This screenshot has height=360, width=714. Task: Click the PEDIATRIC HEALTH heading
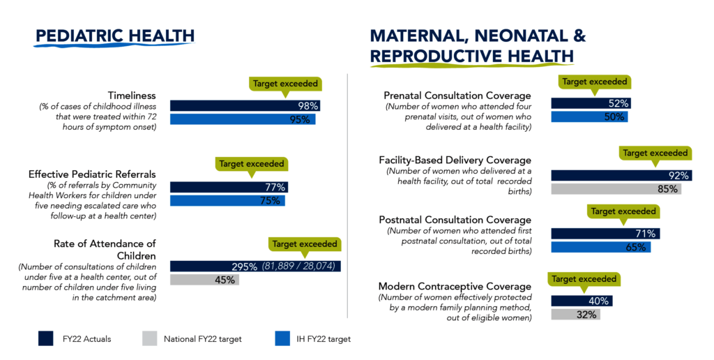click(115, 36)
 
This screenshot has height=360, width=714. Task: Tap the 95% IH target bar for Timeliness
click(243, 119)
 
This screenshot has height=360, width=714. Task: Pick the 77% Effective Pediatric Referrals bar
click(229, 187)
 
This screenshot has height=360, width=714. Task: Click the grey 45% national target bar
click(204, 280)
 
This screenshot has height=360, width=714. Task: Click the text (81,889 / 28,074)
click(299, 267)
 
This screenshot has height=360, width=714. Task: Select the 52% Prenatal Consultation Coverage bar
click(591, 103)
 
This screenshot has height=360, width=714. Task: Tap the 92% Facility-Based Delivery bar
click(621, 176)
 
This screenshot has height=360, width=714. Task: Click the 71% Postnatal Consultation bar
click(605, 234)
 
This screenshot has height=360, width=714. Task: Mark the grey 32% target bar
click(575, 315)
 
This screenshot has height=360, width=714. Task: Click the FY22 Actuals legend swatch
click(47, 339)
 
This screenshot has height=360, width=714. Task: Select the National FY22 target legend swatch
click(151, 339)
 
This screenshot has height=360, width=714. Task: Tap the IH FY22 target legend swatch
click(282, 339)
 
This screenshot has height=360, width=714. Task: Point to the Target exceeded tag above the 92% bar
click(655, 153)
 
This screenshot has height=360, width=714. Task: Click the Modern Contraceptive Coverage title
click(455, 287)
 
